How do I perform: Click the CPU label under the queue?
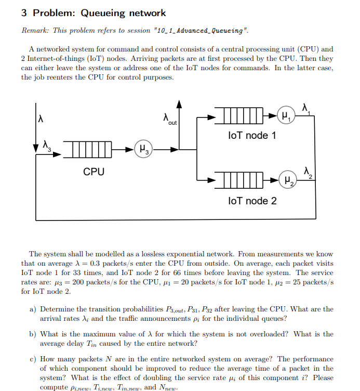point(94,172)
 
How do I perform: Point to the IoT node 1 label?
point(252,136)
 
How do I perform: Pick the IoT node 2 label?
point(252,201)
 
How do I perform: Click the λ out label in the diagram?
point(169,119)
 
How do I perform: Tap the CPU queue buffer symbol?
point(88,149)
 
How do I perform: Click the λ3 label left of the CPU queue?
point(48,145)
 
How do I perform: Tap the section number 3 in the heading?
point(24,13)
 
